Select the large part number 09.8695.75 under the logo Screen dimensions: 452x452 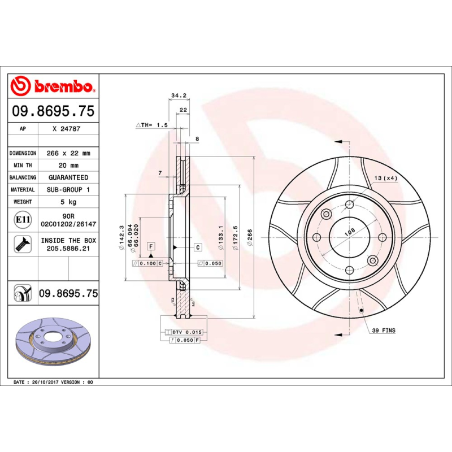click(53, 111)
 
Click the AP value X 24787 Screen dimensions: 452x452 click(66, 129)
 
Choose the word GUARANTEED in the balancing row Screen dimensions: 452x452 click(67, 177)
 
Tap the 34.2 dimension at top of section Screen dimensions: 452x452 click(179, 95)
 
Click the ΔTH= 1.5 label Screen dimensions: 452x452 click(152, 125)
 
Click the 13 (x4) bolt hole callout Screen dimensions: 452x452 click(385, 179)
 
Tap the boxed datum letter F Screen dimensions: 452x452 click(151, 246)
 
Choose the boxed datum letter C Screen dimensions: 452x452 click(198, 247)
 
